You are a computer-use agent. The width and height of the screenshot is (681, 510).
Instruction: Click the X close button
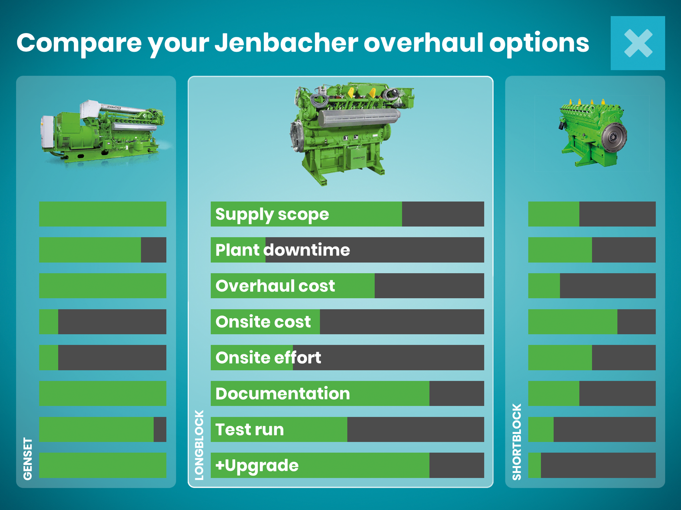click(638, 43)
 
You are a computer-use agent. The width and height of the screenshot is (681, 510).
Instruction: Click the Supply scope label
click(272, 215)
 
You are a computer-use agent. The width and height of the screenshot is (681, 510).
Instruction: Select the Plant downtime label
click(283, 250)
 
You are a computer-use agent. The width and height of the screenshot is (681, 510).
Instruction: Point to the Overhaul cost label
click(275, 286)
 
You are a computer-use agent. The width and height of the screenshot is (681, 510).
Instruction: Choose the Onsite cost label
click(263, 322)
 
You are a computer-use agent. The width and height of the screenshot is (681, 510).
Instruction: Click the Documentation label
click(283, 393)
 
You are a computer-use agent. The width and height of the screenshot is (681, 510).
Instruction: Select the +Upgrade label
click(257, 466)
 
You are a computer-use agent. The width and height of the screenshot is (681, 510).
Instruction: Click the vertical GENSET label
click(28, 459)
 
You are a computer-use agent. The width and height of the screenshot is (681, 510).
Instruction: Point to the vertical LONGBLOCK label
click(199, 445)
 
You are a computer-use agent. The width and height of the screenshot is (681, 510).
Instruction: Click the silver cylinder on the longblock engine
click(359, 118)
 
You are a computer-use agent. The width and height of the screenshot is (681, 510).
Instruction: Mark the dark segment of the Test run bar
click(416, 429)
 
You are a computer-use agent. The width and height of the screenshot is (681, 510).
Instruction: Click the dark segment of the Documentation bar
click(457, 393)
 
